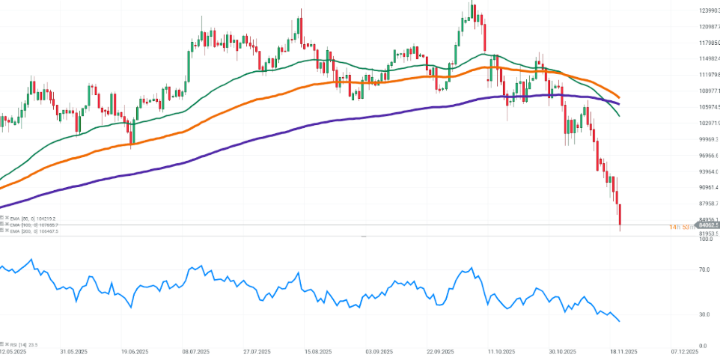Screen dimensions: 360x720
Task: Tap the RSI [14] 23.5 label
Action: pos(21,345)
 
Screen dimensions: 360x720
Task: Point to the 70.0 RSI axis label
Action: pos(704,268)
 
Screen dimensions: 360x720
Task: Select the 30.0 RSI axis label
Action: pos(704,314)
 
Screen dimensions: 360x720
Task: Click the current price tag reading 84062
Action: pos(708,225)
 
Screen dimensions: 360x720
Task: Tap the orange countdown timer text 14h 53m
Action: pos(682,225)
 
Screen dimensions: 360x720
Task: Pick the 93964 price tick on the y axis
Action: pos(708,171)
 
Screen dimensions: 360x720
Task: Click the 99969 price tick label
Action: pos(708,139)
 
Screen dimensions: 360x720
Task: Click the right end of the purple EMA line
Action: pos(619,103)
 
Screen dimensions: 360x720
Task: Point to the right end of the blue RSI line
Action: pos(620,321)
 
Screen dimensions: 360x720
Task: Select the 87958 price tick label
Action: pos(708,204)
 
